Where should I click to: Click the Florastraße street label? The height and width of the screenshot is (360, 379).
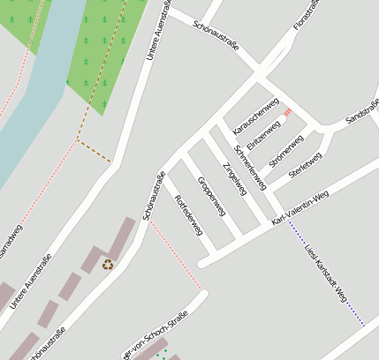[308, 19]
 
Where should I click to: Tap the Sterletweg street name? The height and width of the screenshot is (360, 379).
[303, 165]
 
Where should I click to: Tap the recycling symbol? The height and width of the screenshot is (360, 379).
[108, 264]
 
